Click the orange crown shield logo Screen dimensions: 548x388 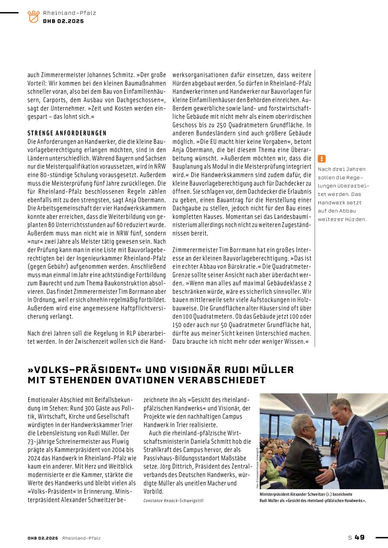point(33,17)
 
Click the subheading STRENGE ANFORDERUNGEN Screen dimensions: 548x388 point(67,133)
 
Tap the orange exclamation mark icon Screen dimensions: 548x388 point(322,159)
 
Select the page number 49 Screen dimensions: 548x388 point(360,537)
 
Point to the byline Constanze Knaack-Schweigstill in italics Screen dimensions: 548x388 point(173,501)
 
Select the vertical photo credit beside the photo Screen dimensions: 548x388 point(257,468)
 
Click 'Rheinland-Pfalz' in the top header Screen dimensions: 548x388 point(69,13)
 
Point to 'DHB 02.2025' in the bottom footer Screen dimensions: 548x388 point(43,538)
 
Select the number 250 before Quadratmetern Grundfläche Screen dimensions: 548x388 point(222,125)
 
